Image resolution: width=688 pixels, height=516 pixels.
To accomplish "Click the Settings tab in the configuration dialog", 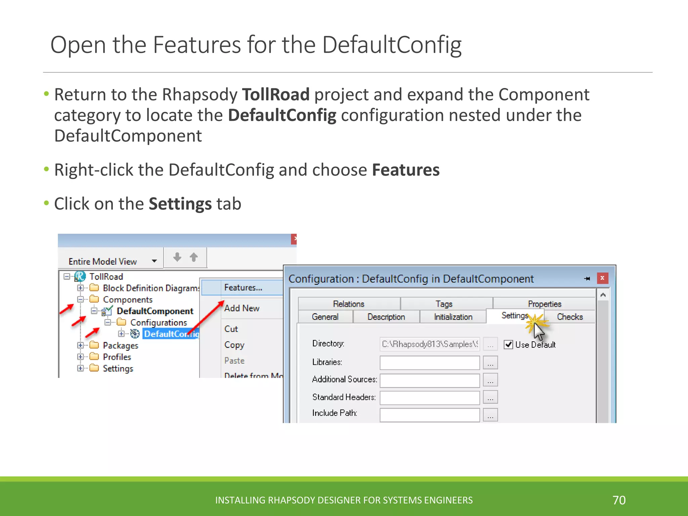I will click(514, 316).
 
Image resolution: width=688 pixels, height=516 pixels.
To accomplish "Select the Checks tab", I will click(569, 317).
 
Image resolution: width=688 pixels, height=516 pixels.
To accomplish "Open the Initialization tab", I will click(453, 317).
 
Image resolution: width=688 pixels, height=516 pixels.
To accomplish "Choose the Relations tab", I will click(348, 304).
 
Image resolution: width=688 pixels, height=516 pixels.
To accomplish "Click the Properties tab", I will click(544, 304).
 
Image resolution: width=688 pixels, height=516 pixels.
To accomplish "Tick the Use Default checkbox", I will click(508, 345).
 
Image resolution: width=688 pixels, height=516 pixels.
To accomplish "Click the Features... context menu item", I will click(243, 288).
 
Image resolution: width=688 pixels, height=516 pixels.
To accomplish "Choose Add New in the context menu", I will click(242, 308).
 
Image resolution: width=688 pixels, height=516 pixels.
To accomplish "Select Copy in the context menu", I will click(234, 345).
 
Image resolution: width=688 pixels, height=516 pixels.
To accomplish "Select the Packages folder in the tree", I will click(120, 345).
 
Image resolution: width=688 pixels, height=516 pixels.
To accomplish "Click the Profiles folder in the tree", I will click(117, 357).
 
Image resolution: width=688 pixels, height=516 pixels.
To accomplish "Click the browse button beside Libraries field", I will click(490, 363).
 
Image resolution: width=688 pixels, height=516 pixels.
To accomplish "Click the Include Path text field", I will click(429, 415).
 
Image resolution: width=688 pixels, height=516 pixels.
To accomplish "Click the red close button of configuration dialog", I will click(602, 278).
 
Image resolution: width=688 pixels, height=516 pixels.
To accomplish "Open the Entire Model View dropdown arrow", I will click(154, 261).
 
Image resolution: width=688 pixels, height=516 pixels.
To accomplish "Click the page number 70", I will click(619, 500).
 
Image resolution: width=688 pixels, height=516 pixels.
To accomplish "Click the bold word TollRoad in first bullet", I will click(275, 94).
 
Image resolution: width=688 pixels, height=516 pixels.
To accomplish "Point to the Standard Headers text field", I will click(429, 398).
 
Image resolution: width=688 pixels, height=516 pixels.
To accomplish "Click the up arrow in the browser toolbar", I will click(193, 257).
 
